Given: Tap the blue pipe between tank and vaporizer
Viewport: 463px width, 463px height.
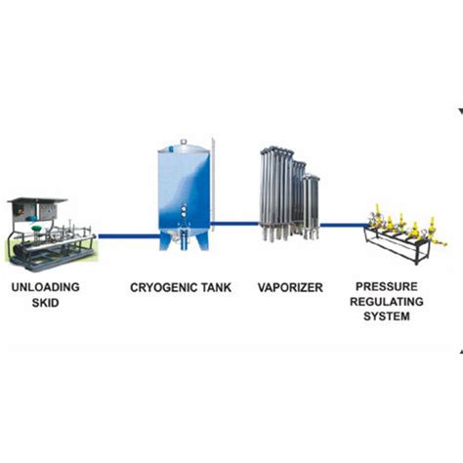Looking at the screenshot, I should (x=236, y=224).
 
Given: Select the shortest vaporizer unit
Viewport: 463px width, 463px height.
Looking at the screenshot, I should (x=312, y=205).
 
